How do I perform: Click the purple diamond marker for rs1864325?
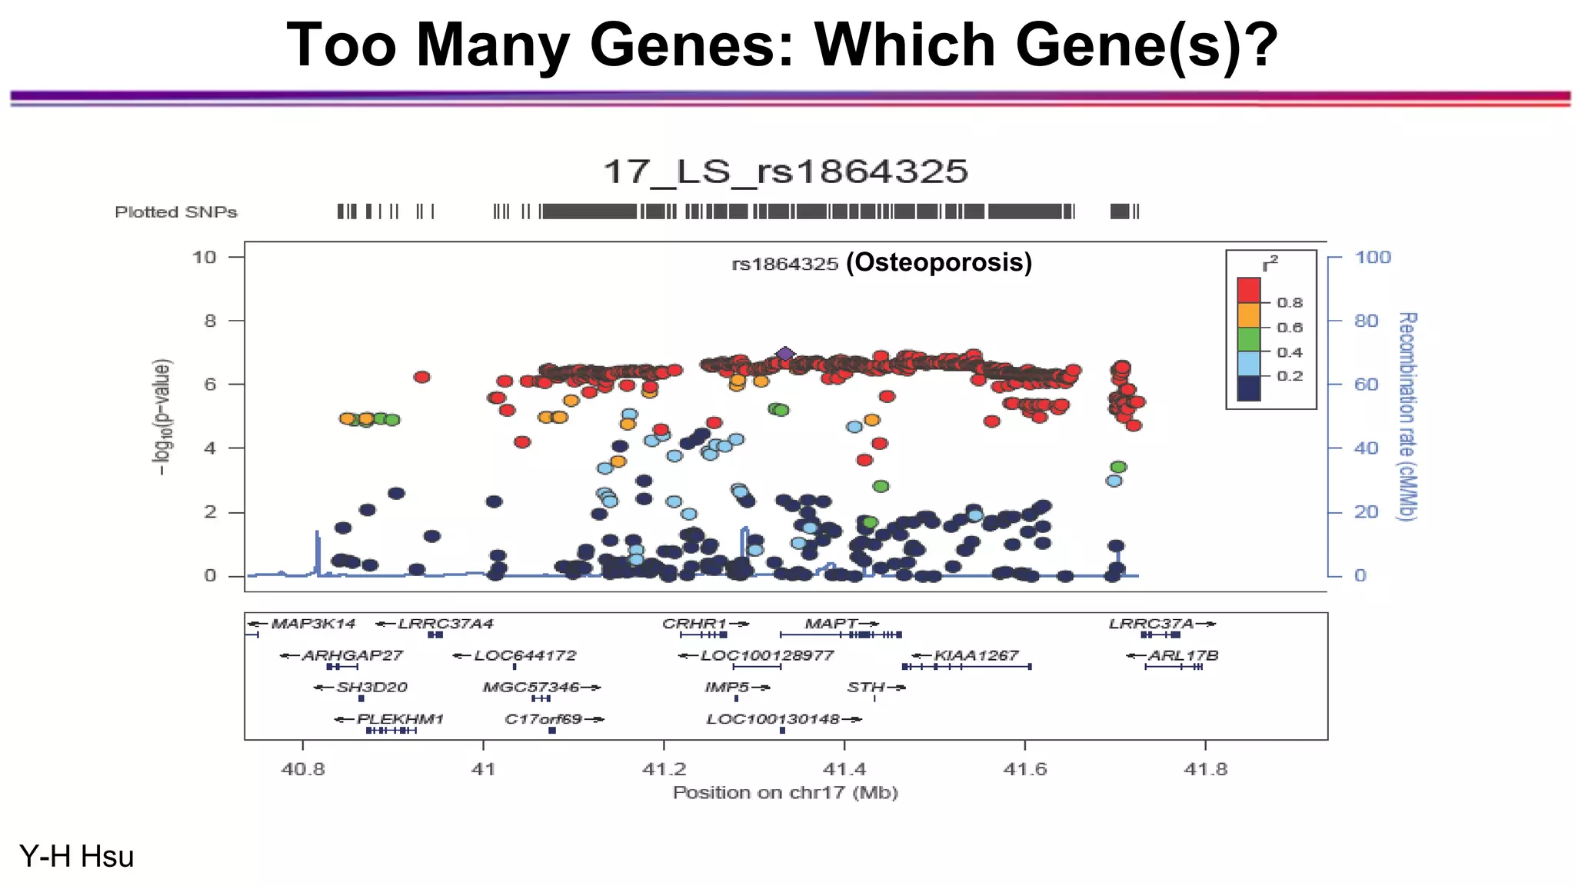(784, 355)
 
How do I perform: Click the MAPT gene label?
(831, 624)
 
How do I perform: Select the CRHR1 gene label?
(695, 624)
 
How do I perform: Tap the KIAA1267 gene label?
(976, 655)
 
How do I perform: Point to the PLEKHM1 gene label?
(400, 719)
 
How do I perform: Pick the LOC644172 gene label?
(524, 655)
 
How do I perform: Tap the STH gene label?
(866, 687)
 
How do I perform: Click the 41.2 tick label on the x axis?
(664, 768)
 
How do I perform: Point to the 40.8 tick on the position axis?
(303, 768)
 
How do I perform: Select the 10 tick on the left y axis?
(205, 257)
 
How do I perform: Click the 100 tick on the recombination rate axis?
(1373, 257)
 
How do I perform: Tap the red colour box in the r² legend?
(1249, 291)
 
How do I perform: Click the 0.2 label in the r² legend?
(1290, 376)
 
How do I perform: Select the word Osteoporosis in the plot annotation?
(939, 262)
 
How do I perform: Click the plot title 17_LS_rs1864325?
(785, 172)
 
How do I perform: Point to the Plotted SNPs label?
(176, 212)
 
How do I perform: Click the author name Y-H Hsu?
(77, 856)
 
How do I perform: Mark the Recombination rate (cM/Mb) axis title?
(1407, 416)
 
